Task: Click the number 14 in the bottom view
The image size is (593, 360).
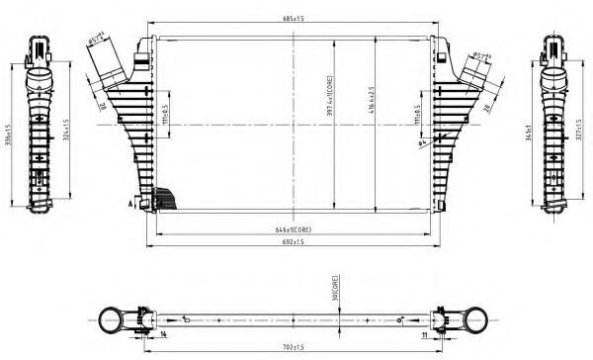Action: pos(163,335)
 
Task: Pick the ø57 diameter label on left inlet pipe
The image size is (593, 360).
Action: pos(96,42)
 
